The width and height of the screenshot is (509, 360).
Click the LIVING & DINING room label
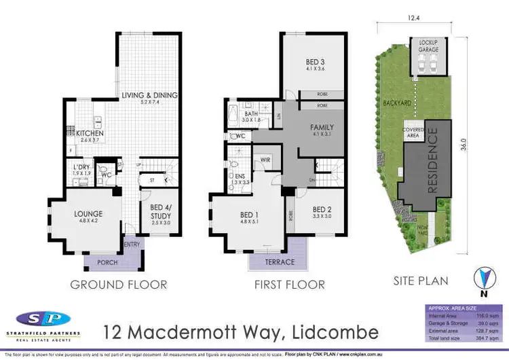click(x=149, y=95)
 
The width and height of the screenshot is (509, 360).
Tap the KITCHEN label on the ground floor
click(x=90, y=133)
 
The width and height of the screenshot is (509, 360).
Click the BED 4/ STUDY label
click(x=161, y=213)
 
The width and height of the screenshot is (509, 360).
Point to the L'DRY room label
click(x=82, y=166)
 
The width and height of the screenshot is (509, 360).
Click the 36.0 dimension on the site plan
click(x=464, y=145)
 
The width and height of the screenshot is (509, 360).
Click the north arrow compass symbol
click(x=483, y=279)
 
